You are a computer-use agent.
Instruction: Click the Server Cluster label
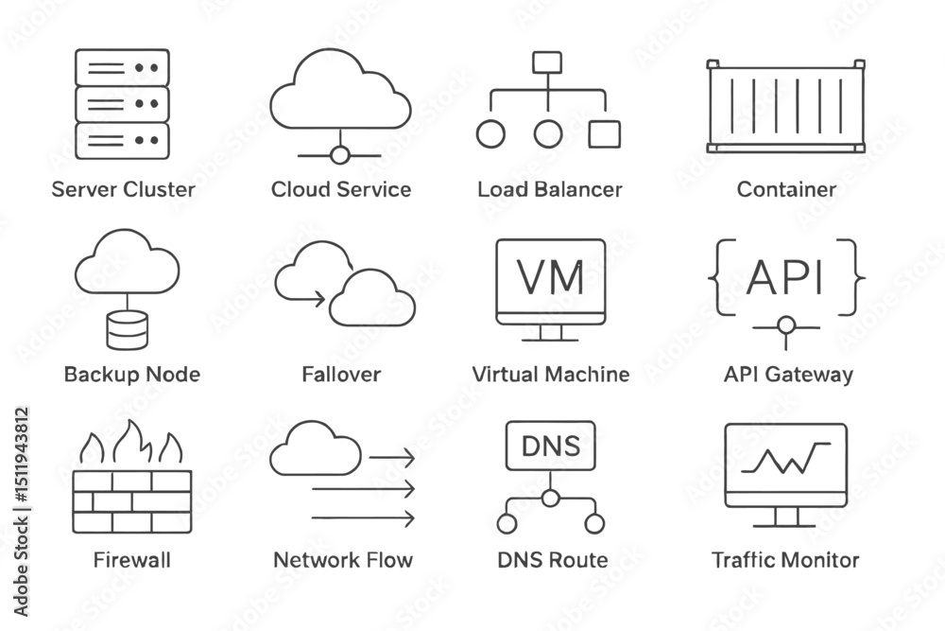point(123,189)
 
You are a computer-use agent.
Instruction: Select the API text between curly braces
point(784,276)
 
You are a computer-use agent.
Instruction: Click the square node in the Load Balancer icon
point(604,133)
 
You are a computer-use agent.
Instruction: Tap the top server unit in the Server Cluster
point(122,68)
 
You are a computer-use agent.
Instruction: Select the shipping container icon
point(784,106)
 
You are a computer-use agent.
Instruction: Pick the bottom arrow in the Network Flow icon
point(364,518)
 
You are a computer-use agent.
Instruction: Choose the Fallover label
point(341,375)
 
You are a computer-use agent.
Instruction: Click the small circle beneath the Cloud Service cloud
point(340,153)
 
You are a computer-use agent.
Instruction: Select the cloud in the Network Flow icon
point(315,449)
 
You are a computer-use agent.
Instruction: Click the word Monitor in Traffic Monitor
point(821,560)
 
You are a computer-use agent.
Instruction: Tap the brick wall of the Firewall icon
point(131,500)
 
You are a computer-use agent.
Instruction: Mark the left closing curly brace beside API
point(715,276)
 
